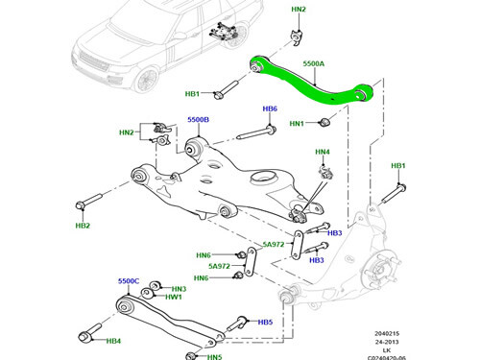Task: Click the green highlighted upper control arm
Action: (x=307, y=83)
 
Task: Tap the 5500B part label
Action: (x=198, y=120)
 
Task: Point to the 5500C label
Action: (x=130, y=281)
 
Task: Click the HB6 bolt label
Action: (x=270, y=109)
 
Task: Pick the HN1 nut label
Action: (x=297, y=124)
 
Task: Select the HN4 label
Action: (x=322, y=152)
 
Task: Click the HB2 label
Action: (x=84, y=226)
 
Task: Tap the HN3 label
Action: (x=179, y=289)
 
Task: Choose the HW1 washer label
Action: (x=175, y=299)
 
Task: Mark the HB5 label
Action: (x=266, y=323)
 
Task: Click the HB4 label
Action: (x=113, y=341)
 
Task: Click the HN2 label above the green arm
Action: (x=299, y=10)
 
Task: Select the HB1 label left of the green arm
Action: (x=192, y=94)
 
